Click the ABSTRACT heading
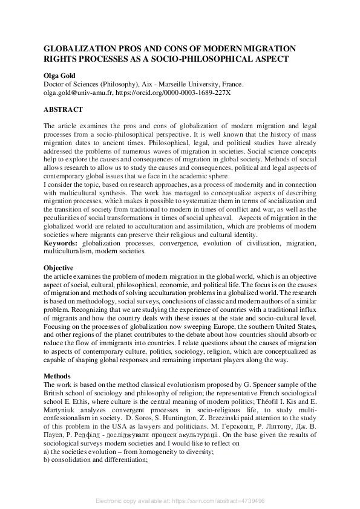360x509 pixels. coord(63,110)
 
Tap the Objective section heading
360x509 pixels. coord(59,267)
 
